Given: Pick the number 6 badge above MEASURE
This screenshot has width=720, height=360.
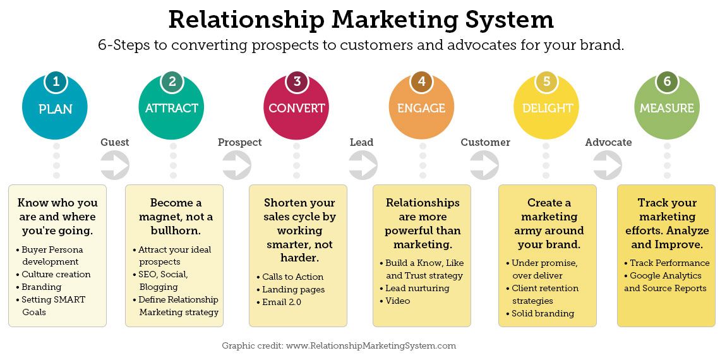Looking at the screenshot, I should [x=667, y=81].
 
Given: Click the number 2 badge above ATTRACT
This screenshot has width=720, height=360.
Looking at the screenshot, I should [x=172, y=81].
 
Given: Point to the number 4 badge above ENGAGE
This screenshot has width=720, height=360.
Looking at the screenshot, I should [x=421, y=81].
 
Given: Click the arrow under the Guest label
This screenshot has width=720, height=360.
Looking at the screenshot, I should [x=115, y=165].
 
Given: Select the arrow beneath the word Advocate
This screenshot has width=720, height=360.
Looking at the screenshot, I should [x=608, y=165].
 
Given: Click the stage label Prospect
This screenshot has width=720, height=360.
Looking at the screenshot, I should [x=239, y=142].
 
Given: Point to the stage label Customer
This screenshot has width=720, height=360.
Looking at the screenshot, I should [x=485, y=142].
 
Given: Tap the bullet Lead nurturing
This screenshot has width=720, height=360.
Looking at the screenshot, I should [x=417, y=288].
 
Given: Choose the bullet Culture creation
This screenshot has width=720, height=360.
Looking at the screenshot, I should [x=56, y=274].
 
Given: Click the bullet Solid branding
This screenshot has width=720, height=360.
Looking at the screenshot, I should [x=543, y=313].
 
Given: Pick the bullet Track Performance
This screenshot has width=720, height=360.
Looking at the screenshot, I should [x=669, y=263].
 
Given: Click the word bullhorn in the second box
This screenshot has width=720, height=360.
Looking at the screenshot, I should [x=174, y=231].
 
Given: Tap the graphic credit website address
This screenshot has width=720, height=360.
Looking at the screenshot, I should [x=371, y=345].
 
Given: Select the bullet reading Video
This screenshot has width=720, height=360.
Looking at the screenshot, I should [x=398, y=301].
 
